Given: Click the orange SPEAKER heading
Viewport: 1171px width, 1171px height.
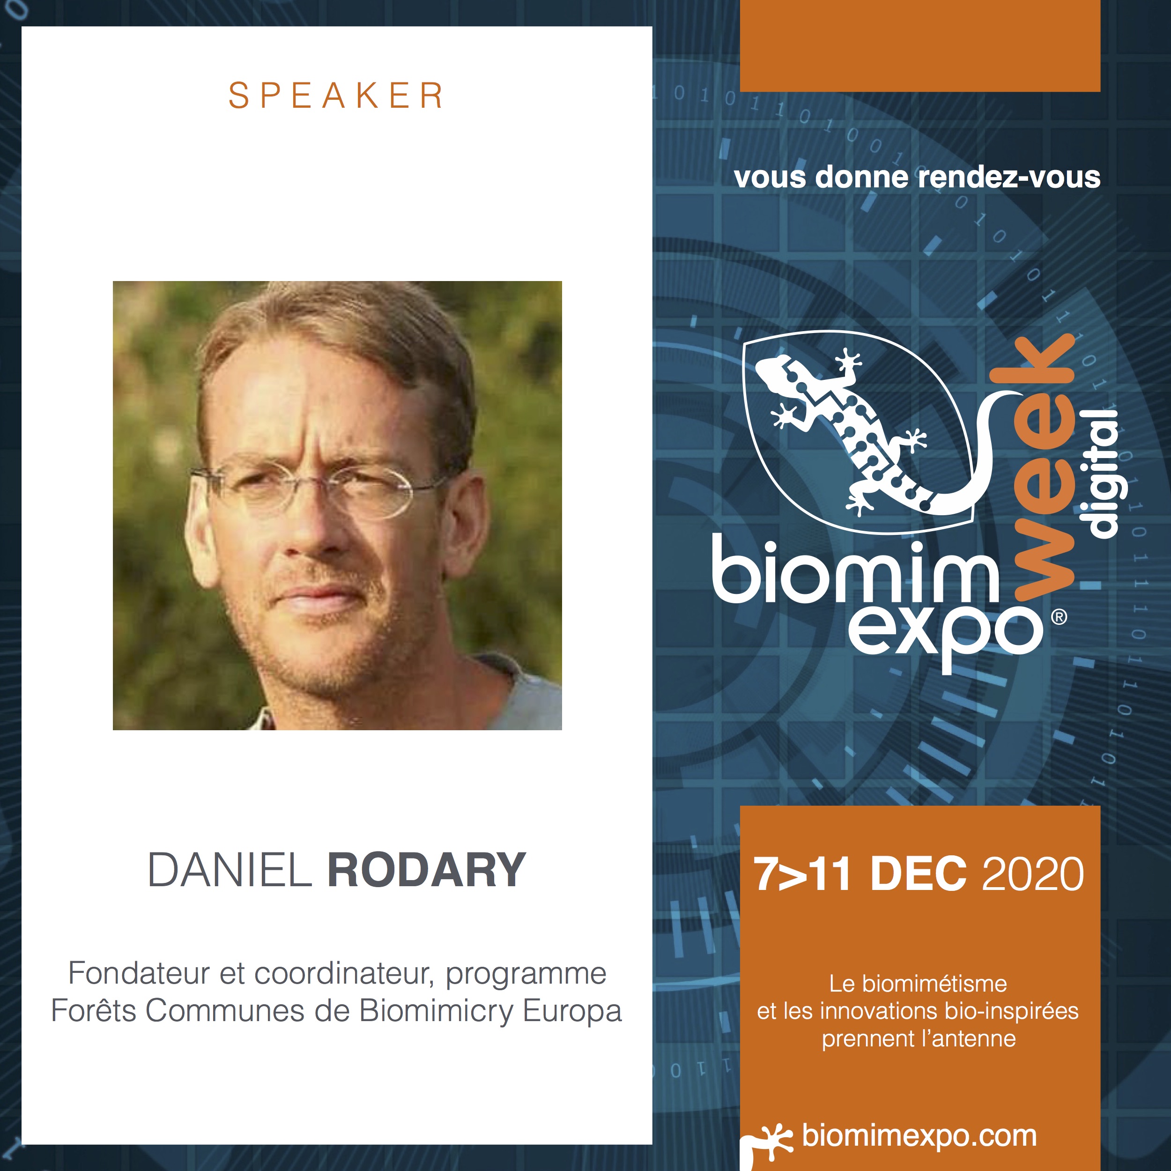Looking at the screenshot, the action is click(x=336, y=96).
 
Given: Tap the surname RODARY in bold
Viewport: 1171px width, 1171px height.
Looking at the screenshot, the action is click(x=427, y=870).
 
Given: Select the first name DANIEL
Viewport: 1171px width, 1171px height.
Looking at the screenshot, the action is click(x=230, y=870).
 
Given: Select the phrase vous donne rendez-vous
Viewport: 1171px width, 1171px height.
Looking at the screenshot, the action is click(x=917, y=178).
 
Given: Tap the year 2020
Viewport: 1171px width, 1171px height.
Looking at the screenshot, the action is click(x=1033, y=874).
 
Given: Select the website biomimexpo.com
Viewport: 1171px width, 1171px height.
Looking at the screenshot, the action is click(x=919, y=1135).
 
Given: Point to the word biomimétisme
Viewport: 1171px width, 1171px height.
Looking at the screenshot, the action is click(x=934, y=984).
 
